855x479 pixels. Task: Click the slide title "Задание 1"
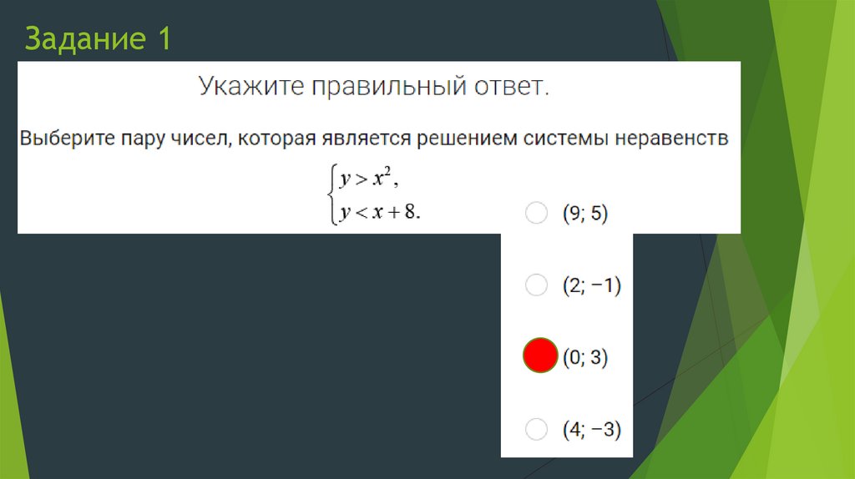tap(98, 39)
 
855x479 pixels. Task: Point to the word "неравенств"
tap(671, 137)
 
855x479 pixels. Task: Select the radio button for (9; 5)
tap(536, 214)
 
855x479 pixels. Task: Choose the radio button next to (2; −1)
tap(536, 285)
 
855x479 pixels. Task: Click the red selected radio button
tap(539, 356)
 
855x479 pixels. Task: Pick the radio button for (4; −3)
tap(536, 430)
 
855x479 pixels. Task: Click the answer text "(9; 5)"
tap(584, 214)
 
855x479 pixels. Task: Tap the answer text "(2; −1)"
tap(591, 285)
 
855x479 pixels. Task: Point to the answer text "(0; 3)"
tap(584, 358)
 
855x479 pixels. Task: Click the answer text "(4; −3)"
tap(591, 430)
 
